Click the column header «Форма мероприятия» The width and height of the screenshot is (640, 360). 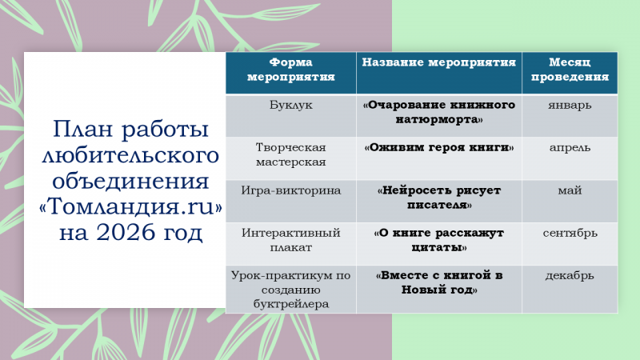(x=291, y=70)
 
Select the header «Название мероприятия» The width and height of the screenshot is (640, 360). (x=438, y=62)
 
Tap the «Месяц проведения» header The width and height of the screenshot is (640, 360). (x=570, y=70)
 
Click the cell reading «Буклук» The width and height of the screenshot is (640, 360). (x=291, y=105)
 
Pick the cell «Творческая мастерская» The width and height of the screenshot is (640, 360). (x=291, y=154)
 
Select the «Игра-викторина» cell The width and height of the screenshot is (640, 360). (x=291, y=190)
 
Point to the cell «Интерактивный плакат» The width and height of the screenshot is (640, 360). (x=291, y=240)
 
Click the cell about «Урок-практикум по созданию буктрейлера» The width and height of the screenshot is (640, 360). (x=291, y=290)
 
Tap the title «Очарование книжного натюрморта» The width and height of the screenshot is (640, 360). (x=438, y=112)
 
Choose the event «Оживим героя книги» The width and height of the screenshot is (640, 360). (x=438, y=147)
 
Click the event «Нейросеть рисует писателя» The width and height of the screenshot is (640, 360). (x=438, y=198)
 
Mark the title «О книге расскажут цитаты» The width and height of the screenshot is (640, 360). (x=438, y=240)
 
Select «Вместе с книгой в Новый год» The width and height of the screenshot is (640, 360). (x=438, y=282)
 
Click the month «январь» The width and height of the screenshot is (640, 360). (x=570, y=106)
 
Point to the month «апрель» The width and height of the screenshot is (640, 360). (x=570, y=148)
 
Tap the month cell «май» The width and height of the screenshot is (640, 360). (x=570, y=190)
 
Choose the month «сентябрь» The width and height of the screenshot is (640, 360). (x=570, y=233)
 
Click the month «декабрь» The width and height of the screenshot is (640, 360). (x=570, y=275)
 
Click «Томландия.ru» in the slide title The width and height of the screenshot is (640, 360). (x=130, y=206)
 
